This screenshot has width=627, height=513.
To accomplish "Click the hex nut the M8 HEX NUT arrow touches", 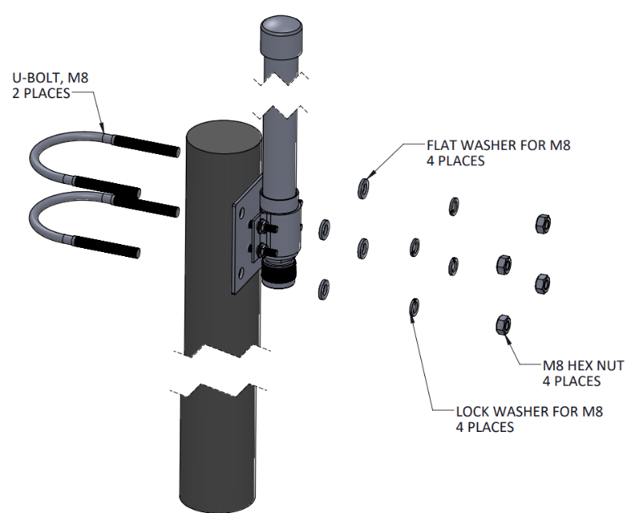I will (502, 325).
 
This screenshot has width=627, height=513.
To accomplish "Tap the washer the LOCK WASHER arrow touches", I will (414, 306).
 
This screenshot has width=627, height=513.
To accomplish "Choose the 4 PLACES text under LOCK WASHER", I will (485, 426).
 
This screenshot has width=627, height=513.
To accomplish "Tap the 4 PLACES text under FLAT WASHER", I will (456, 161).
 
